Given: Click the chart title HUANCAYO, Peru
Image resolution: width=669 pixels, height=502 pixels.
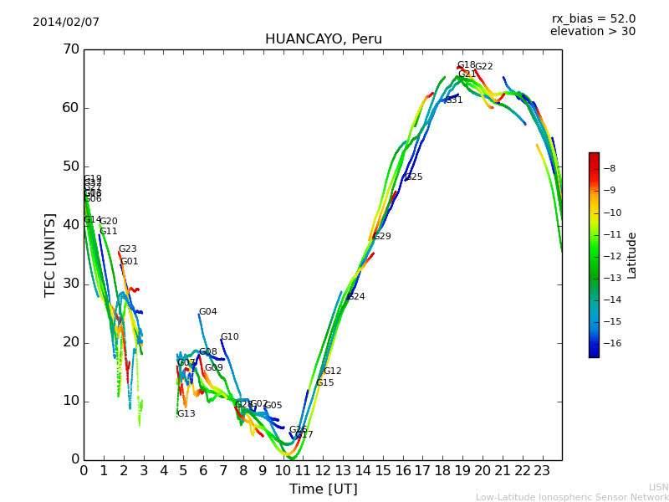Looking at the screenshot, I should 323,39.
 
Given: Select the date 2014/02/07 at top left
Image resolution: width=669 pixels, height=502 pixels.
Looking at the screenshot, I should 66,23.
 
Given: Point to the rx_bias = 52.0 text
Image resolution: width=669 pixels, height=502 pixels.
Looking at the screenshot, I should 593,19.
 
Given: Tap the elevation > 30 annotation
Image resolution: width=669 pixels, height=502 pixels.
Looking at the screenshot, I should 592,32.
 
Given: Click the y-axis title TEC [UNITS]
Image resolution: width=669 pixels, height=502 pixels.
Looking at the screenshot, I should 50,254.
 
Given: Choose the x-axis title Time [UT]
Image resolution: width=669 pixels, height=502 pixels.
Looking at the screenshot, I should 323,489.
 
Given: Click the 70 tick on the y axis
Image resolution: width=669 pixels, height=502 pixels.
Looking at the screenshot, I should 70,49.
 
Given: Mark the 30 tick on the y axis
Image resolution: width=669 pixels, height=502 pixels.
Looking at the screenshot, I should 70,284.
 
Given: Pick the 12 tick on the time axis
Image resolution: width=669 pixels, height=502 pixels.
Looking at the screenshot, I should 323,471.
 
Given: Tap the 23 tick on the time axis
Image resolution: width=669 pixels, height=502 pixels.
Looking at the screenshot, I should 542,471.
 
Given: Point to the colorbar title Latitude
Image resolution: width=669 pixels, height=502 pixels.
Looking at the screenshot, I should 632,255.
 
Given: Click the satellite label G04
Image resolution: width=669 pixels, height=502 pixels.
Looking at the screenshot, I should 207,312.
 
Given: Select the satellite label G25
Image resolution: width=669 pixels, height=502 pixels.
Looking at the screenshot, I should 414,177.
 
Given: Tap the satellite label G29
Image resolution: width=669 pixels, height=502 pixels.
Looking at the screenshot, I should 382,237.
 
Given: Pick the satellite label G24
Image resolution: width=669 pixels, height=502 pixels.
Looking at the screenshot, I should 356,297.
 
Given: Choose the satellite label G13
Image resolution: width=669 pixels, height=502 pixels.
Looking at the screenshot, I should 186,414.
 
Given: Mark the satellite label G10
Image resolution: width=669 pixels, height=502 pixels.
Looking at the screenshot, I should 229,337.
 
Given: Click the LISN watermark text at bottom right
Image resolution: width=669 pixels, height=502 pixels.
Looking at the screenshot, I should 658,487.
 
